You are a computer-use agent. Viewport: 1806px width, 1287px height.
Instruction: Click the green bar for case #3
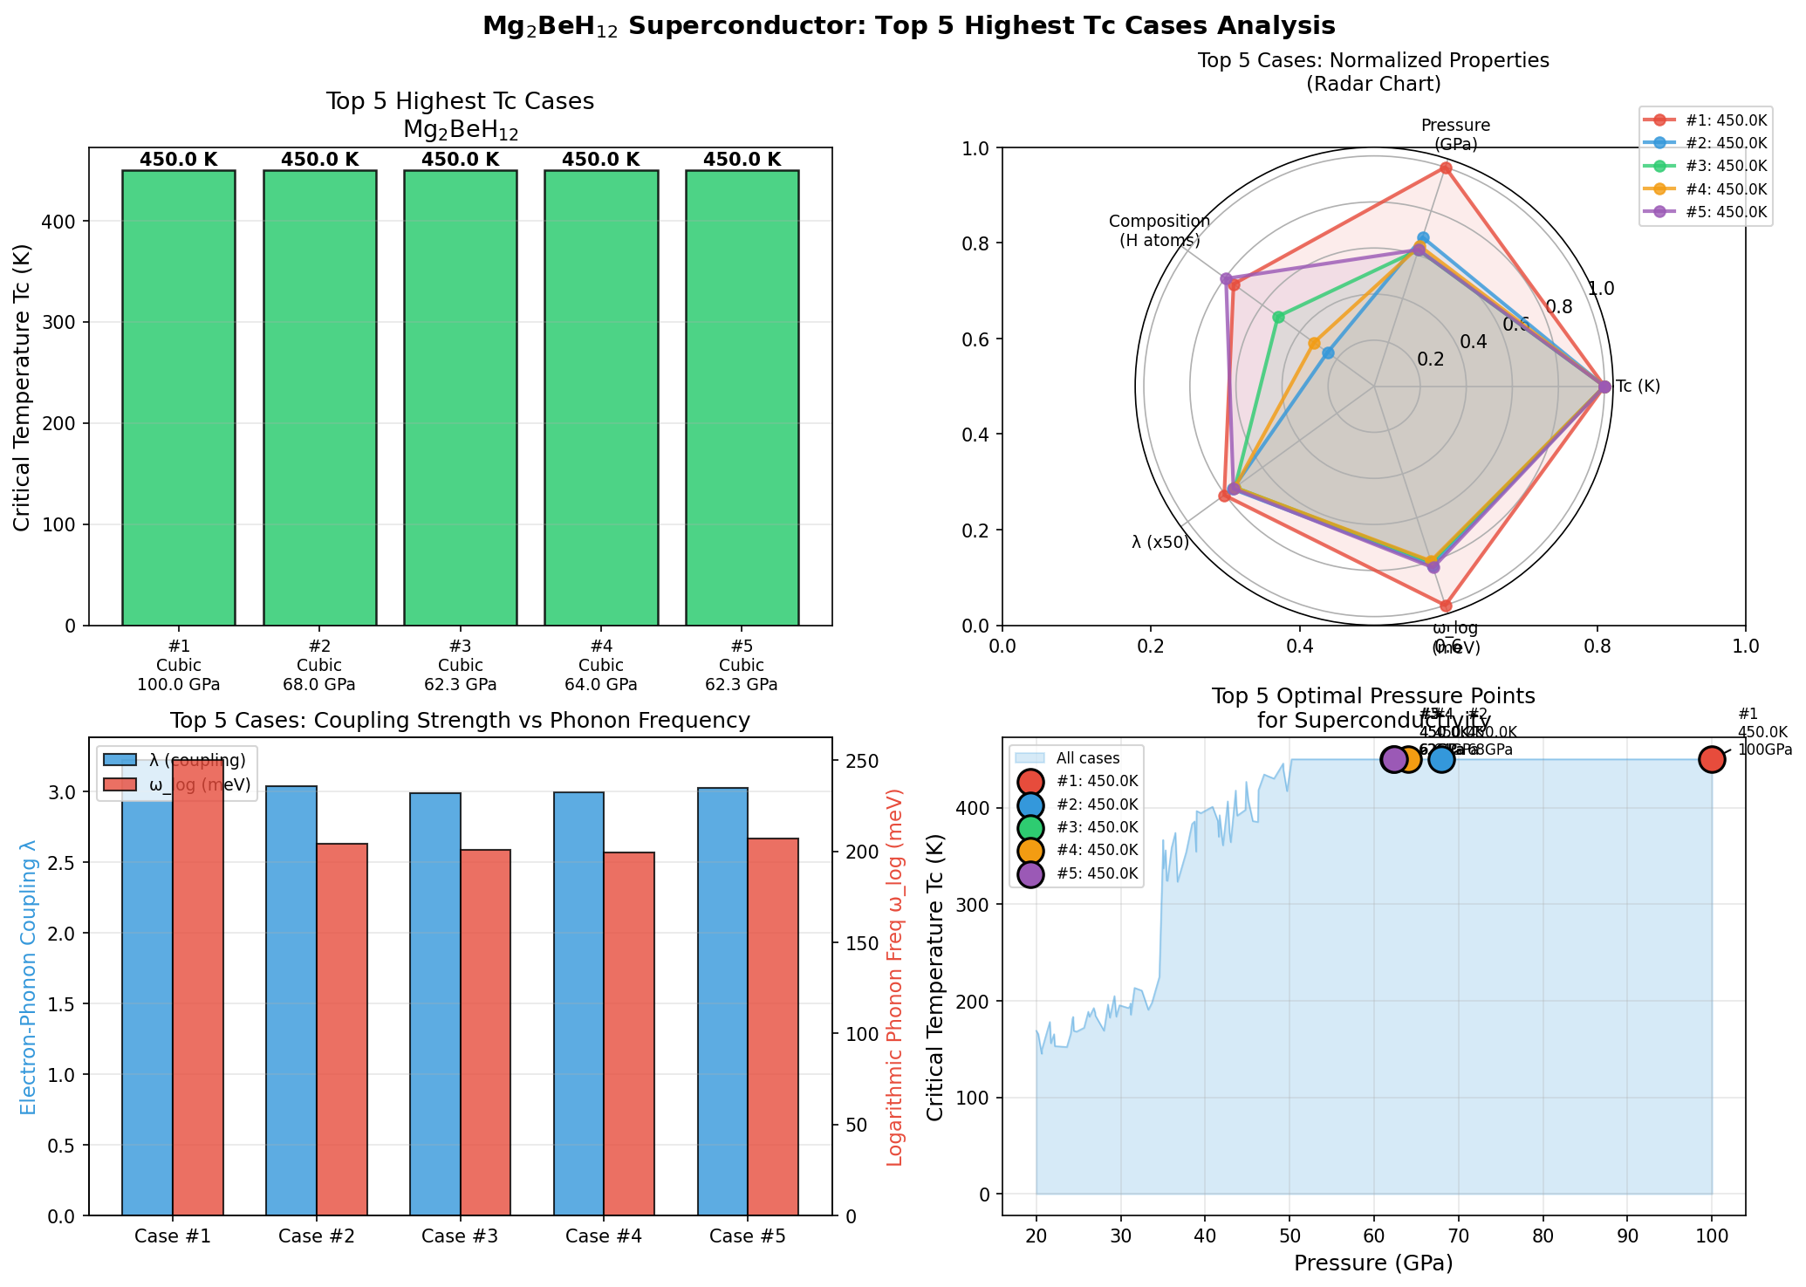[460, 397]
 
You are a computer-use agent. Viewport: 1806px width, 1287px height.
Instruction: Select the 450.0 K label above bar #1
[178, 160]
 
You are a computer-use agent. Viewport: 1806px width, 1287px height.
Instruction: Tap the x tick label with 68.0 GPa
[319, 685]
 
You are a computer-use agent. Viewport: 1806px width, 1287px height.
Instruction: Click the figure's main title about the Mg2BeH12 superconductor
[908, 26]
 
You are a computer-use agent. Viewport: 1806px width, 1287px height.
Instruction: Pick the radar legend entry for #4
[1706, 188]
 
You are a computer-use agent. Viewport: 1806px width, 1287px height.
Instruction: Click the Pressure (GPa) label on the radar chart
[1455, 134]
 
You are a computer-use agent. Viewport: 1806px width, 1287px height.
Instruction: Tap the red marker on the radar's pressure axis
[1446, 168]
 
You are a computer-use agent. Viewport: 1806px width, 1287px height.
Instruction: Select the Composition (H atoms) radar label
[1160, 230]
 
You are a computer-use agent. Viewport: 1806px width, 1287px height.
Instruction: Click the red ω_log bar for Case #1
[198, 986]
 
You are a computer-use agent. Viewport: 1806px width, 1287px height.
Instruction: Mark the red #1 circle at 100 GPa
[1712, 759]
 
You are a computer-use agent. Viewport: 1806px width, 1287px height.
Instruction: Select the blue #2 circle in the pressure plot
[1441, 759]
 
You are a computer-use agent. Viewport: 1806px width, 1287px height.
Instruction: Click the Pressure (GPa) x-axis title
[1373, 1263]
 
